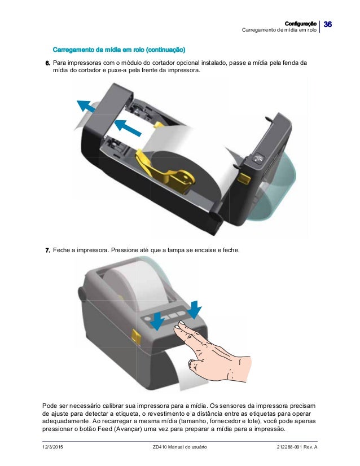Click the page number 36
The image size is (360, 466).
327,24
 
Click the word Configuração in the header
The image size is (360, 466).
300,24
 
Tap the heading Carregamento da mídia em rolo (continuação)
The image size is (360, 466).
119,50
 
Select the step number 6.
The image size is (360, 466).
47,63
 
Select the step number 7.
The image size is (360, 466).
47,250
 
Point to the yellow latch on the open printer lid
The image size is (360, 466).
244,179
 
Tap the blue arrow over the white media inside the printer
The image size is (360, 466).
128,128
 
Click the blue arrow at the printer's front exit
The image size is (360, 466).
86,107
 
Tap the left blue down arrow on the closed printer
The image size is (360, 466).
157,321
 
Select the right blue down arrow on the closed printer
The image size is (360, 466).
195,309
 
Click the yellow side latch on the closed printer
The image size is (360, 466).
137,337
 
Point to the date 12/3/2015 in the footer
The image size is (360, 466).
52,447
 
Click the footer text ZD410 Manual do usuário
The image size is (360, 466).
179,447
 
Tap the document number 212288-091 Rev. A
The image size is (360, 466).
297,447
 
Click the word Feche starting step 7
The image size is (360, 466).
62,250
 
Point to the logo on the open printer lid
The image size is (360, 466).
258,157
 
